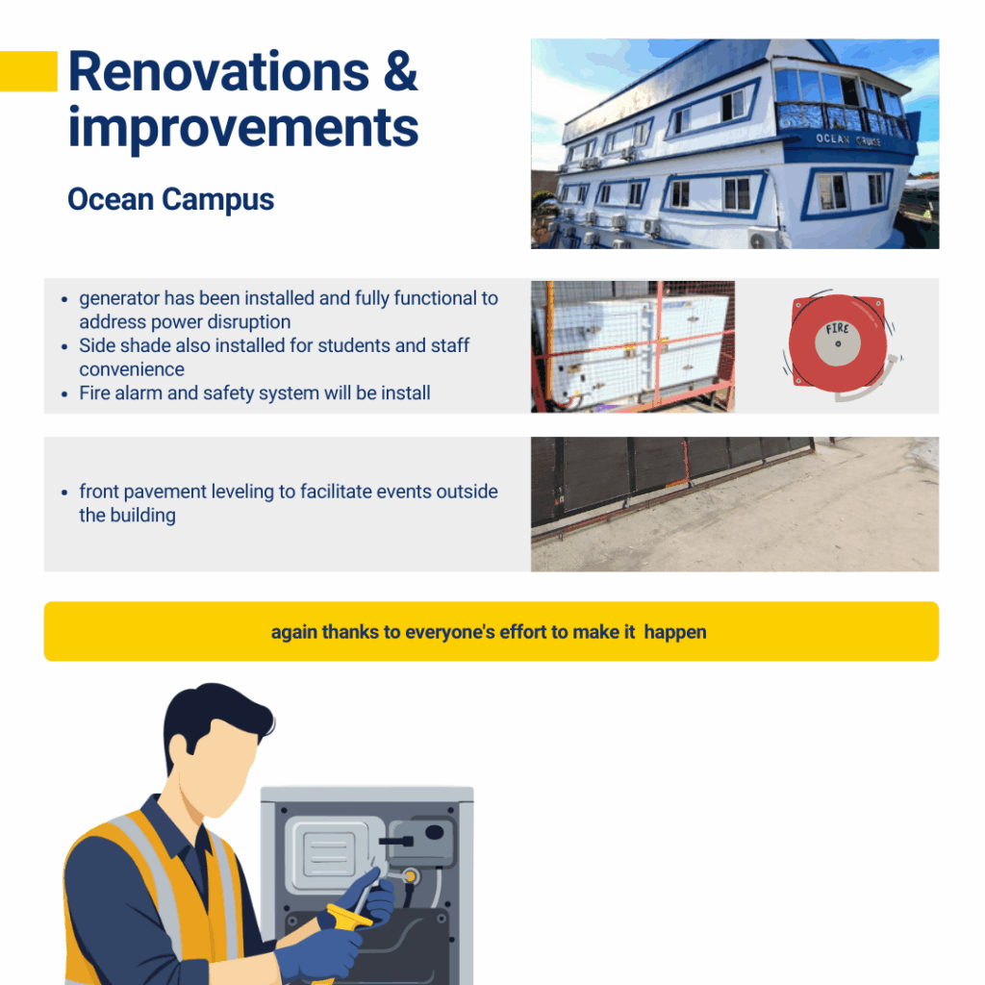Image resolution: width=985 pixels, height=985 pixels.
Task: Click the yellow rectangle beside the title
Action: (x=28, y=71)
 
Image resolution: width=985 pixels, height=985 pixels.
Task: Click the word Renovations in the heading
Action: (x=218, y=71)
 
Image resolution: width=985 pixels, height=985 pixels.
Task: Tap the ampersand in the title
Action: (x=400, y=71)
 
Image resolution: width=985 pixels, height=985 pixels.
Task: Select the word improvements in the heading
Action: (x=243, y=128)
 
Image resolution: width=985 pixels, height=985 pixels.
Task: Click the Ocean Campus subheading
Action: (x=171, y=200)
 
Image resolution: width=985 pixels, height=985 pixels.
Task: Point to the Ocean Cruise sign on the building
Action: (x=848, y=139)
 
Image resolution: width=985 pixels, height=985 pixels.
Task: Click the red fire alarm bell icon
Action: (x=840, y=345)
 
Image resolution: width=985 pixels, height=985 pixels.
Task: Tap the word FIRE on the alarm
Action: (x=837, y=329)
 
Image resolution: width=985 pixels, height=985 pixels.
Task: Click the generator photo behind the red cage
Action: (x=633, y=346)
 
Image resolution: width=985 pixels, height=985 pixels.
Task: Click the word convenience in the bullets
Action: (x=132, y=369)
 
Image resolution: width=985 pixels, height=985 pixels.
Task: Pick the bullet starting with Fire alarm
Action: (x=254, y=393)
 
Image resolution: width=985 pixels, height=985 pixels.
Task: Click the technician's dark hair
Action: (x=214, y=716)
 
